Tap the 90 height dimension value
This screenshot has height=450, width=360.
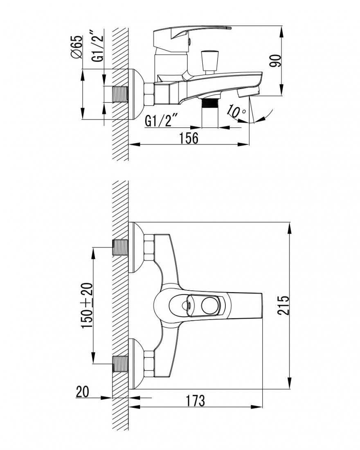point(275,61)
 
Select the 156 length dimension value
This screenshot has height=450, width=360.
point(189,138)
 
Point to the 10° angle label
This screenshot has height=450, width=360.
point(237,111)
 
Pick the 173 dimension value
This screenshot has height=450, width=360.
point(195,400)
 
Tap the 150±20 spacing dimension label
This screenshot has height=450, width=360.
point(88,306)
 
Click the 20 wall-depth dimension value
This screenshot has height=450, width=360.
point(82,392)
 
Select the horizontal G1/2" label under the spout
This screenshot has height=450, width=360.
point(162,121)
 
